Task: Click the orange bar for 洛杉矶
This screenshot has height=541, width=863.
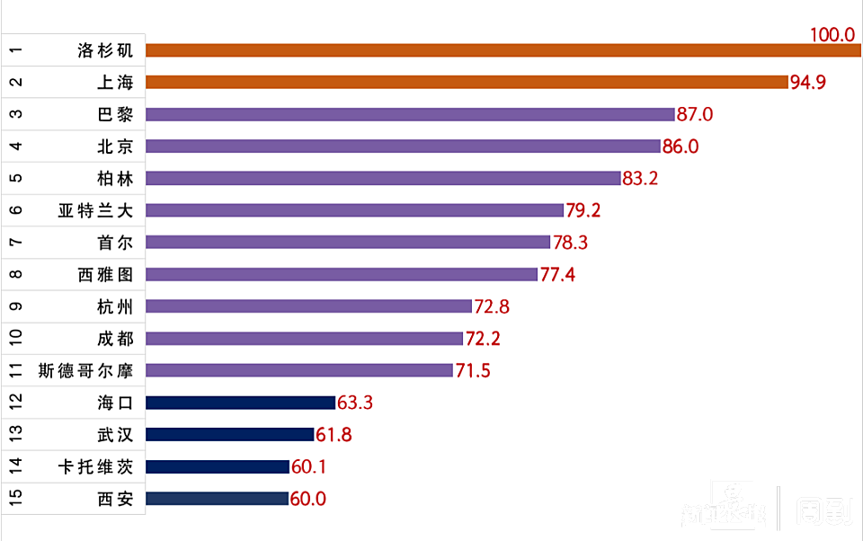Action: [503, 50]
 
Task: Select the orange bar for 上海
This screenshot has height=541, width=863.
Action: [467, 82]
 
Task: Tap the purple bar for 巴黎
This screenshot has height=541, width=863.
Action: [410, 114]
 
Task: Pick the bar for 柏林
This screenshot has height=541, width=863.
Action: [383, 178]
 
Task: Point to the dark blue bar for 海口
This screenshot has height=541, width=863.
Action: [240, 403]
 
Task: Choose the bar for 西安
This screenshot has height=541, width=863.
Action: [217, 499]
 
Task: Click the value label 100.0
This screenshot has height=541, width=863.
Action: [832, 34]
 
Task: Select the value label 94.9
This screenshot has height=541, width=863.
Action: [808, 83]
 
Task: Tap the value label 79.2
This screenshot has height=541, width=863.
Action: [583, 210]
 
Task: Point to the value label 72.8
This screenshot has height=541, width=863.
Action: [492, 306]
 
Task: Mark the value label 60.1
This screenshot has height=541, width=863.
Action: [309, 467]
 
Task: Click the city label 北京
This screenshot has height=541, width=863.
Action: [115, 146]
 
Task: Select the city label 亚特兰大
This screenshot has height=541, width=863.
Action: [95, 210]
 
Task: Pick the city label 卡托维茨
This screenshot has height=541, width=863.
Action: [95, 466]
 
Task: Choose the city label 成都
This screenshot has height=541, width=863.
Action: [115, 339]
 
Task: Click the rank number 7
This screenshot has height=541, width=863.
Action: [15, 243]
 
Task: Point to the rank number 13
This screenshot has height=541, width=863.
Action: [15, 435]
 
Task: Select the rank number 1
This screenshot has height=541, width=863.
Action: [15, 50]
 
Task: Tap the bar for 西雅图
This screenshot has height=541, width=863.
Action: [342, 274]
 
